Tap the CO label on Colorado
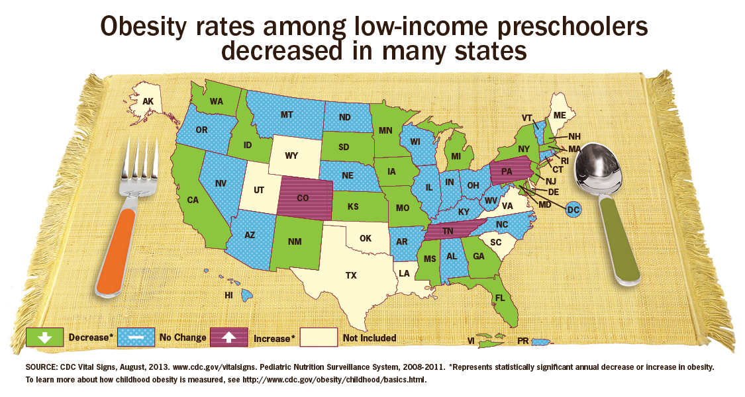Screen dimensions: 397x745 [x=302, y=197]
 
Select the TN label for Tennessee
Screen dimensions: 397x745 [x=448, y=231]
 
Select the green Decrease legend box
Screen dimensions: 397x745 [x=44, y=337]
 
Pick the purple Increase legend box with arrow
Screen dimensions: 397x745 [x=228, y=337]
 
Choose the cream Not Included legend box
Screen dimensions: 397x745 [x=319, y=337]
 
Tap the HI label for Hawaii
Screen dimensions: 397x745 [x=229, y=294]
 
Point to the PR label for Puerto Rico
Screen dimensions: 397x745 [x=522, y=341]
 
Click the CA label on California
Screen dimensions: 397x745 [x=193, y=199]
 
